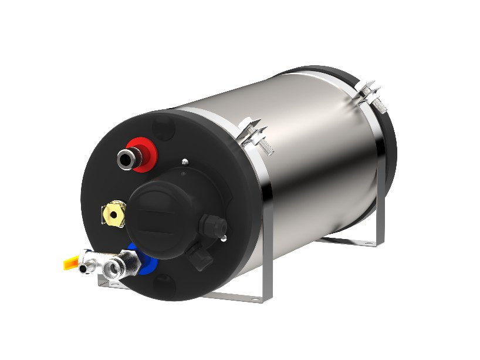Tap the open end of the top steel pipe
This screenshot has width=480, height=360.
coord(125,157)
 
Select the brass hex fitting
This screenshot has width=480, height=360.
coord(114,214)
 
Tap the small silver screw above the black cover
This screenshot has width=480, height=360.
coord(185,162)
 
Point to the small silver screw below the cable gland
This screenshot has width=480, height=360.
coord(224,237)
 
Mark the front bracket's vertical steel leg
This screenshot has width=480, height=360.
coord(267,247)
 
